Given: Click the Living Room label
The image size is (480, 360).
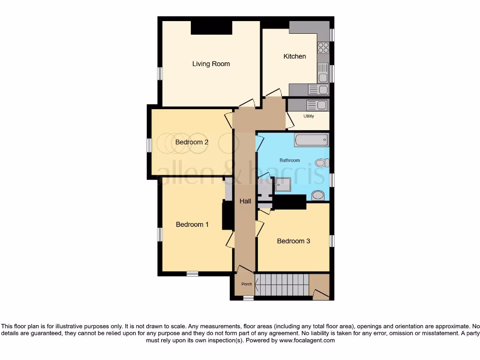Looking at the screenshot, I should pyautogui.click(x=211, y=64).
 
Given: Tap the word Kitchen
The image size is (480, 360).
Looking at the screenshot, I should pyautogui.click(x=294, y=56).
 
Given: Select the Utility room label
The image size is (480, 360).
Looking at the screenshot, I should pyautogui.click(x=308, y=116).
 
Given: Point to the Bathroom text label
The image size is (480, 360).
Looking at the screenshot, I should pyautogui.click(x=290, y=160).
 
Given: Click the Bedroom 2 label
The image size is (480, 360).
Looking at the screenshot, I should pyautogui.click(x=192, y=142).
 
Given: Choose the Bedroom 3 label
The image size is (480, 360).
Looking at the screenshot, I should pyautogui.click(x=293, y=241).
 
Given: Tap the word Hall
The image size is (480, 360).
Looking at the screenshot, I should pyautogui.click(x=245, y=201).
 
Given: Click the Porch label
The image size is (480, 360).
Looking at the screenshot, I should pyautogui.click(x=246, y=284).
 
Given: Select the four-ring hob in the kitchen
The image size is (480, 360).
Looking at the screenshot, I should pyautogui.click(x=323, y=47).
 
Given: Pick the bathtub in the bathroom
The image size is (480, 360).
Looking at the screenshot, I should pyautogui.click(x=311, y=140).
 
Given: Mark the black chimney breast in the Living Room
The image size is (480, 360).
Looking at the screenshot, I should pyautogui.click(x=211, y=28).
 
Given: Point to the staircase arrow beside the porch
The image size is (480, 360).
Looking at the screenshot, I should pyautogui.click(x=257, y=284).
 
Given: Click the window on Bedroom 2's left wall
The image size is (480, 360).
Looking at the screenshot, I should pyautogui.click(x=149, y=145).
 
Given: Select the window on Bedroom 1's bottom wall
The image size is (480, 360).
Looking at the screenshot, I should pyautogui.click(x=192, y=273).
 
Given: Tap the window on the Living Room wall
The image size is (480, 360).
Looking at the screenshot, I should pyautogui.click(x=160, y=74).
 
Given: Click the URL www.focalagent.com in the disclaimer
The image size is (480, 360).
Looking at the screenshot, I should pyautogui.click(x=307, y=340).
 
